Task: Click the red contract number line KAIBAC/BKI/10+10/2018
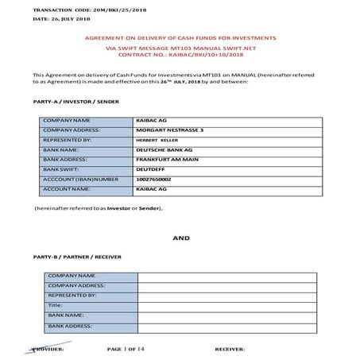click(180, 56)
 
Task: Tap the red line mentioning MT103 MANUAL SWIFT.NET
click(180, 48)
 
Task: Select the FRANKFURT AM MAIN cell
click(168, 159)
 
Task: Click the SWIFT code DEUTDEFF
click(154, 169)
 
